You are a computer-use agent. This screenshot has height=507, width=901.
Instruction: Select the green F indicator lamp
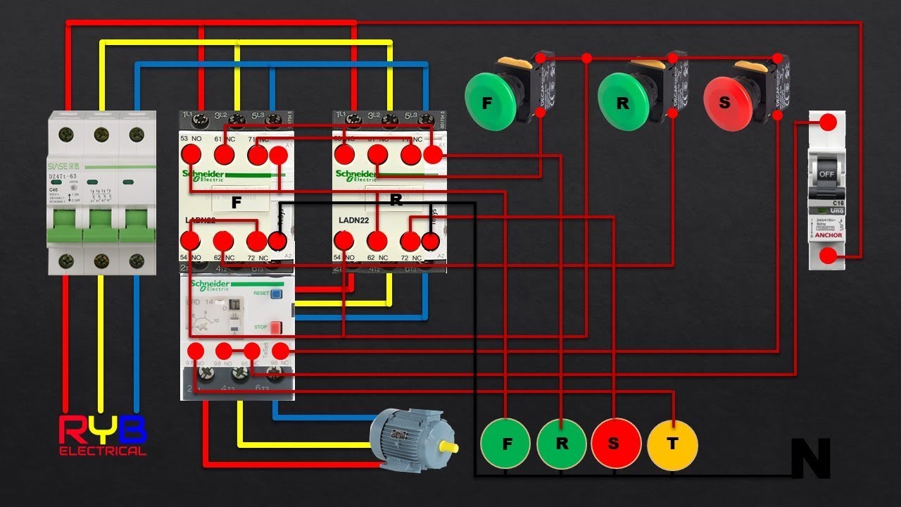click(505, 444)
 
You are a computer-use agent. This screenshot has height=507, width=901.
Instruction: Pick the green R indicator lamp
click(561, 444)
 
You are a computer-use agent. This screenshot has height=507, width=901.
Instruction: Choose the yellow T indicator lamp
click(672, 444)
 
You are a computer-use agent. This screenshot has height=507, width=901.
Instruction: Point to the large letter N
click(811, 458)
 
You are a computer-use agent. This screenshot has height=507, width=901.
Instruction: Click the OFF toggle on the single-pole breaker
click(826, 173)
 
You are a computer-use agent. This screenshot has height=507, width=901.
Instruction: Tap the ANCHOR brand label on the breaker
click(827, 235)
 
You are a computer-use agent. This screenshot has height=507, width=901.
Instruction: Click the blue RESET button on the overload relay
click(277, 294)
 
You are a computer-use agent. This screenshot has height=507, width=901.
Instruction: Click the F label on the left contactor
click(237, 203)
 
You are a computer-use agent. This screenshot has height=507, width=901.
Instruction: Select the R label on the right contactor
click(396, 200)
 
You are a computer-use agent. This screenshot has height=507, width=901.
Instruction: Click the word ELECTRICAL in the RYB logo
click(103, 451)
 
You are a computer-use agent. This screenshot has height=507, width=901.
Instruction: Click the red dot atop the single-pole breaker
click(829, 122)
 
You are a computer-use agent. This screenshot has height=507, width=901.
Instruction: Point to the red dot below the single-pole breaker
click(829, 258)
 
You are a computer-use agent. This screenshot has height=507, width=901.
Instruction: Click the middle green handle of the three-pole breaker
click(101, 226)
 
